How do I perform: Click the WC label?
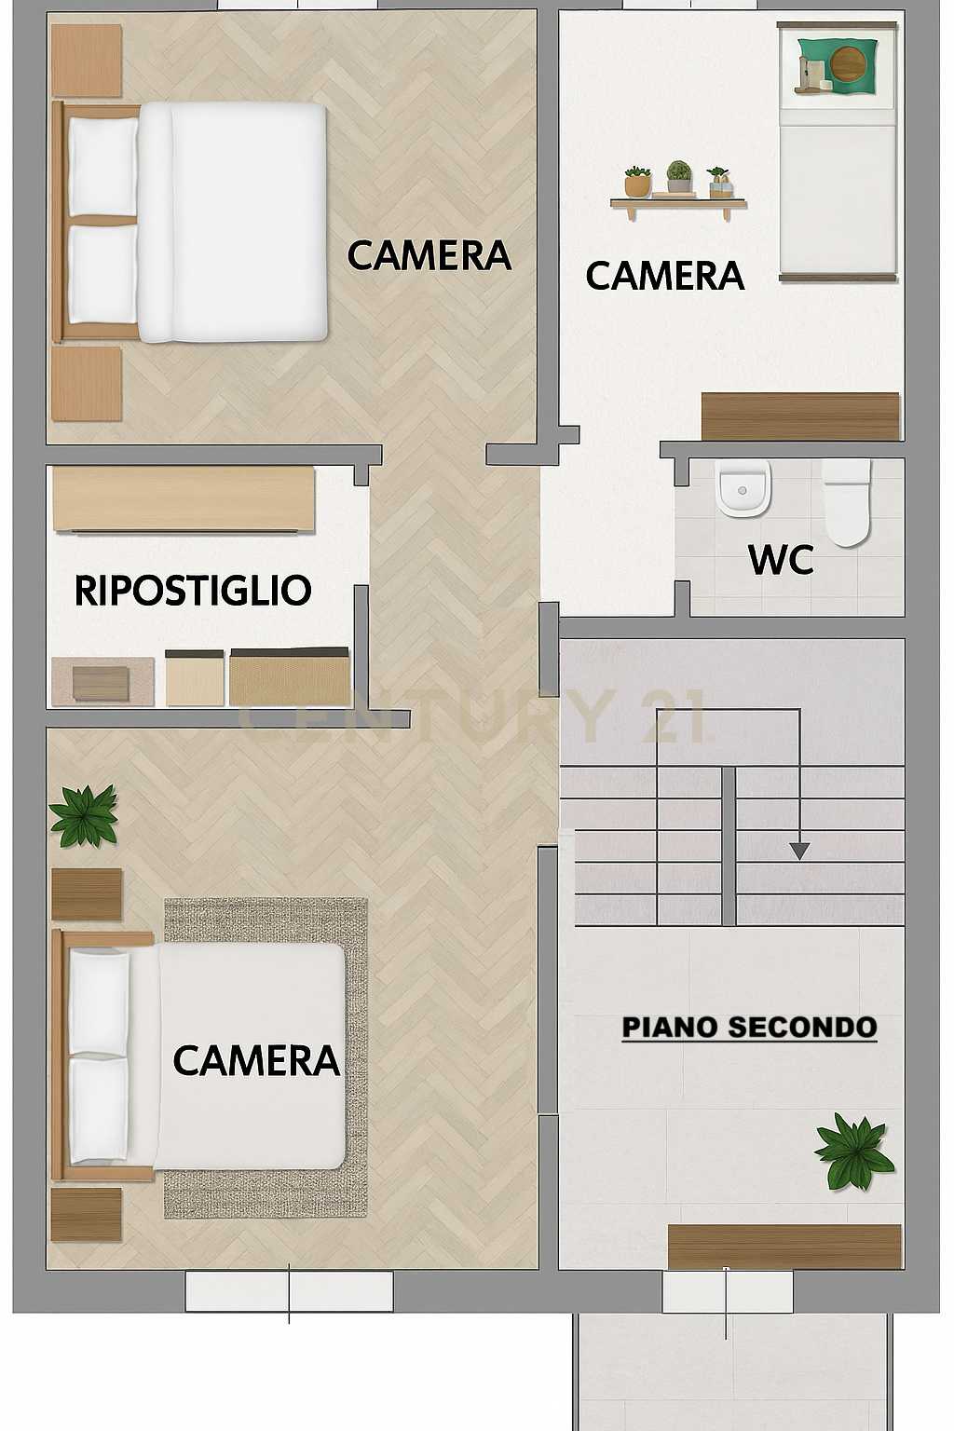pyautogui.click(x=781, y=560)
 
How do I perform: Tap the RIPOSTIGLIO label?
pyautogui.click(x=193, y=591)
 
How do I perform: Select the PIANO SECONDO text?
pyautogui.click(x=750, y=1028)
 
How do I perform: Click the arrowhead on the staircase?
pyautogui.click(x=799, y=851)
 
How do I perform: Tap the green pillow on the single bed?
pyautogui.click(x=837, y=65)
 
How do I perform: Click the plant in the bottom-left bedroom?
pyautogui.click(x=84, y=816)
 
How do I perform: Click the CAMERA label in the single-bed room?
pyautogui.click(x=665, y=276)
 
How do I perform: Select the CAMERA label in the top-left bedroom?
pyautogui.click(x=429, y=255)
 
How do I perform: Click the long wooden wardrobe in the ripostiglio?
pyautogui.click(x=184, y=498)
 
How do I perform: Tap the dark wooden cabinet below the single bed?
pyautogui.click(x=800, y=416)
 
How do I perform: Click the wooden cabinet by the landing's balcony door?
pyautogui.click(x=784, y=1247)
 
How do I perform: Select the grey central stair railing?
pyautogui.click(x=729, y=846)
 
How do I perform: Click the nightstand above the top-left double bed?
pyautogui.click(x=87, y=61)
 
